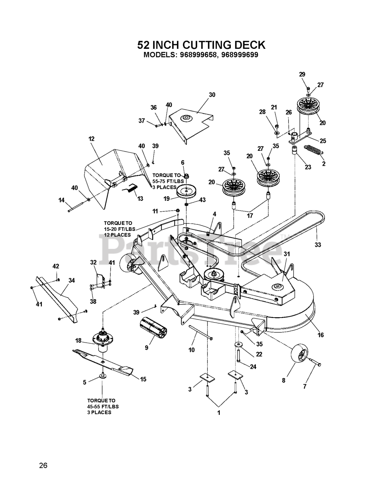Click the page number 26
click(43, 465)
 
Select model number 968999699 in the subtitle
click(239, 55)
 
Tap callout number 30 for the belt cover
click(212, 95)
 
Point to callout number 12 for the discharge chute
click(92, 139)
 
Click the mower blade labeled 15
click(103, 361)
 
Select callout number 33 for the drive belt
click(318, 245)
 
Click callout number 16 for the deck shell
click(321, 335)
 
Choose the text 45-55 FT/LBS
click(103, 406)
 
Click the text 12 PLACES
click(117, 235)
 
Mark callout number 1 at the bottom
click(219, 413)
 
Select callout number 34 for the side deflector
click(71, 280)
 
